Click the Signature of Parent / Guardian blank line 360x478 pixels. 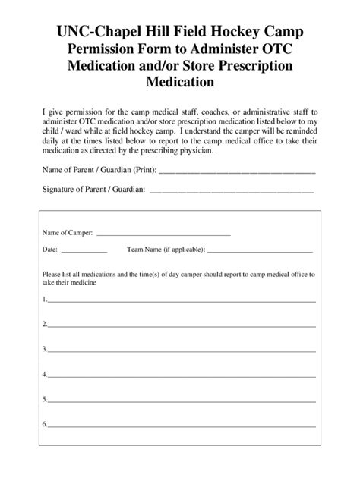tap(231, 190)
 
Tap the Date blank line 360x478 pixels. tap(84, 251)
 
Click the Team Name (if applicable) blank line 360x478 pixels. tap(259, 251)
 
